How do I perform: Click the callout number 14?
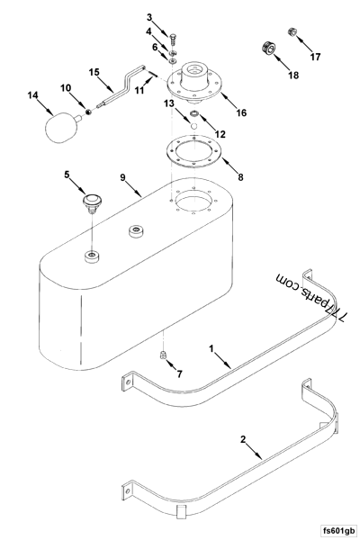click(x=33, y=94)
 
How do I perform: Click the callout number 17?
click(x=315, y=57)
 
